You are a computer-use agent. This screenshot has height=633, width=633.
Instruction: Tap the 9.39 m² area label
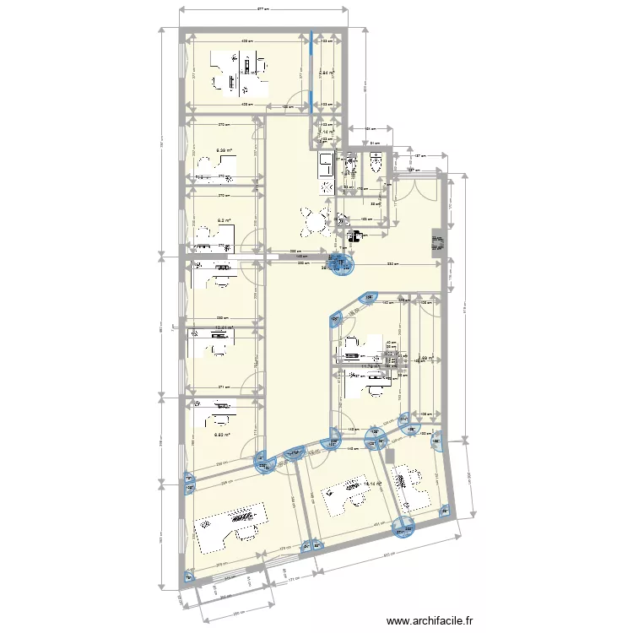point(224,151)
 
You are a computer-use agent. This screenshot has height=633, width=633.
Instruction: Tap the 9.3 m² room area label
point(224,221)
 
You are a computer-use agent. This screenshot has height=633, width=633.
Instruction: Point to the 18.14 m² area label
point(372,484)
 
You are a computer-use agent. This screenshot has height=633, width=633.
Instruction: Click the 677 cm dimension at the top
point(262,8)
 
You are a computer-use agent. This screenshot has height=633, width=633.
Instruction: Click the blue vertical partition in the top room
point(312,72)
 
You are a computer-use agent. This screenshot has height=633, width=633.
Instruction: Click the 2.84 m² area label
point(329,73)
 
